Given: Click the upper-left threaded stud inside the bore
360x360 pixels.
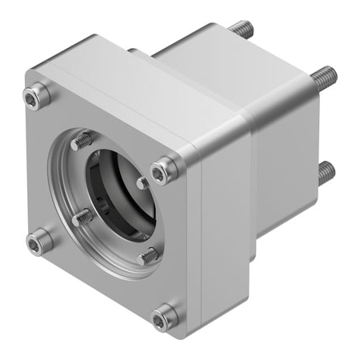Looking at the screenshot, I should pos(82,142).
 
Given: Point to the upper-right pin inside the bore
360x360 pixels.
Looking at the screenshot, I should pos(142,183).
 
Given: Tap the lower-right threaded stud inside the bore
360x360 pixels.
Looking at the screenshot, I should pos(148,256).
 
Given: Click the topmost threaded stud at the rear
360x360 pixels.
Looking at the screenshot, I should pos(241,30).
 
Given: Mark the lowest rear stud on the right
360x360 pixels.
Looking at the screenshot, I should pos(324,171).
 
